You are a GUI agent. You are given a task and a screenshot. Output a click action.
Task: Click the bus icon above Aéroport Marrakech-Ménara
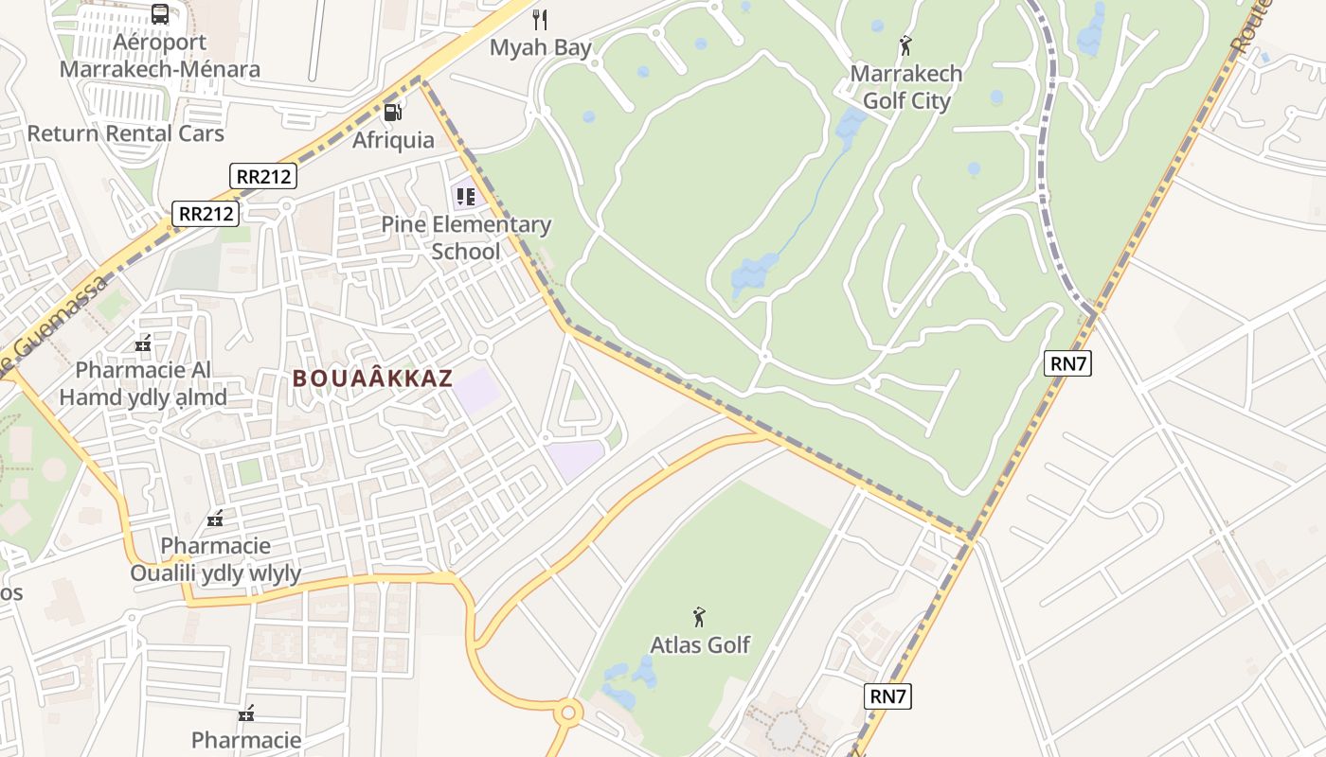coord(160,14)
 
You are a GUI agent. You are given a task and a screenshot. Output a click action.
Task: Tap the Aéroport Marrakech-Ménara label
coord(159,56)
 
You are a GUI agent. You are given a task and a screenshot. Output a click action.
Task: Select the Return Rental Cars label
coord(125,133)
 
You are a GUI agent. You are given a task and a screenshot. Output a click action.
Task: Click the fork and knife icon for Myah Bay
coord(540,19)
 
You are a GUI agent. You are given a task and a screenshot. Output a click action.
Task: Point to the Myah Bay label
coord(540,47)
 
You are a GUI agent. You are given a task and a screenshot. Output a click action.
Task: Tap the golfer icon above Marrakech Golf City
coord(905,44)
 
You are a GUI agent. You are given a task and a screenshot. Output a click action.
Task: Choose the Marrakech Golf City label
coord(905,87)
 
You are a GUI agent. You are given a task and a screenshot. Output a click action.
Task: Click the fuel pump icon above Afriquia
coord(392,112)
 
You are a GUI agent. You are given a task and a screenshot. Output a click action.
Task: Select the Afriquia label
coord(393,140)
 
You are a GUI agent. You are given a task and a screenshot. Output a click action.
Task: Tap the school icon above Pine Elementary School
coord(465,197)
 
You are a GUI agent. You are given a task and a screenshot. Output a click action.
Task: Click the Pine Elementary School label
coord(466,238)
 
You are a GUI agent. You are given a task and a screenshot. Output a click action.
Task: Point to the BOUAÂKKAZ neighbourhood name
coord(372,378)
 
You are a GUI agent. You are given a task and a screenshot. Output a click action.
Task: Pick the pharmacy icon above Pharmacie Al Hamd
coord(143,343)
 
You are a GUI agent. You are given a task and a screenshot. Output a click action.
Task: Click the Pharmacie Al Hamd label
coord(143,383)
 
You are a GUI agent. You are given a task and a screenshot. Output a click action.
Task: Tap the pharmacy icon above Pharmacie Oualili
coord(215,519)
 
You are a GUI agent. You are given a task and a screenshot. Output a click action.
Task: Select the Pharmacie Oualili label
coord(215,559)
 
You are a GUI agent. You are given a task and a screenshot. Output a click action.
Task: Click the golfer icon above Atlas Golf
coord(699,617)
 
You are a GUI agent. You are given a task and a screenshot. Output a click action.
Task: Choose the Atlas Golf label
coord(699,645)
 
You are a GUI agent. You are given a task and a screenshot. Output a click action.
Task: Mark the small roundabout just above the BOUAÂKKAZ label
coord(480,347)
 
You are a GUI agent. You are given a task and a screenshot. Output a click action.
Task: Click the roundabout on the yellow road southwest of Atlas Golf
coord(567,712)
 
